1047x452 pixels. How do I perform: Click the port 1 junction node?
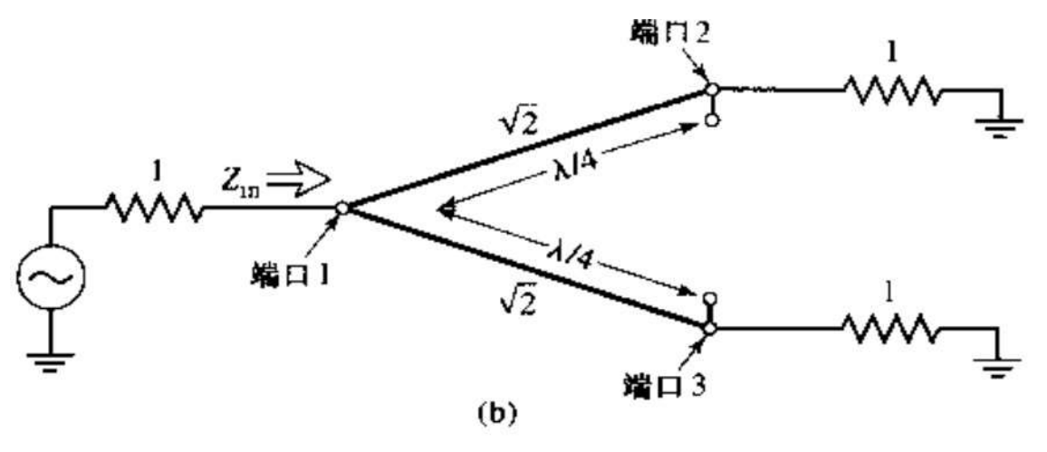pos(342,208)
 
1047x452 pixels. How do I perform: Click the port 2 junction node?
pos(712,90)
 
